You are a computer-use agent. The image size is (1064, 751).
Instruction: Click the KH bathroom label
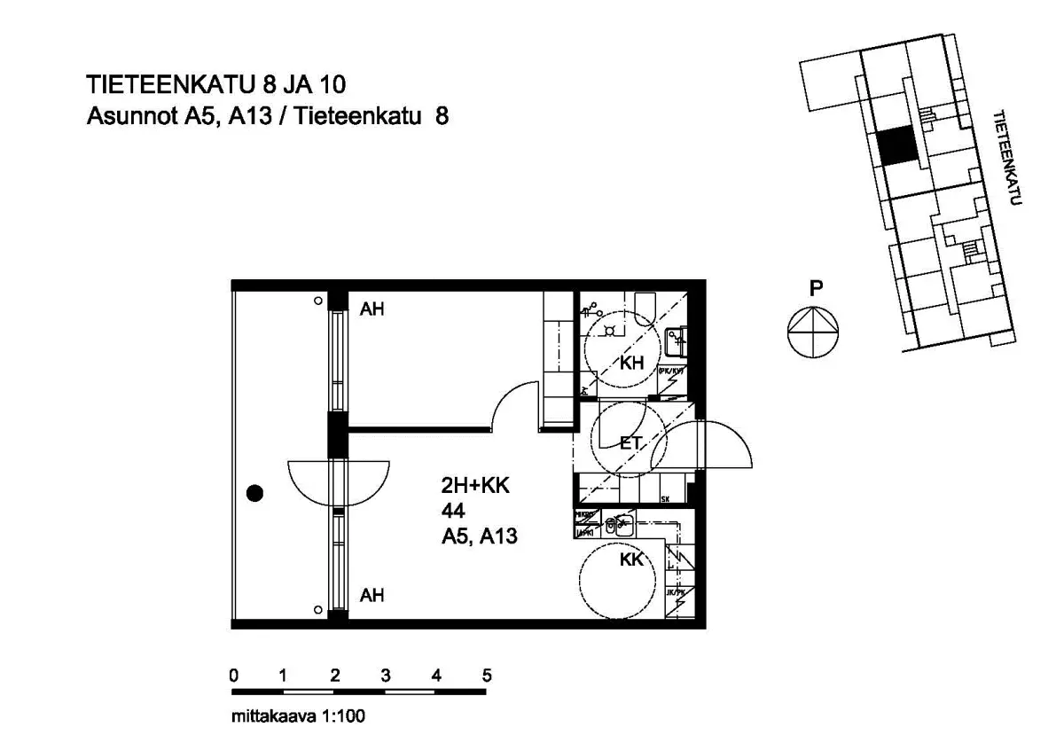tap(632, 363)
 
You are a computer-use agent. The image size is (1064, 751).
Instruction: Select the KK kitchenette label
tap(631, 559)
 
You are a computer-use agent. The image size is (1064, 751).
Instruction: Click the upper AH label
tap(372, 310)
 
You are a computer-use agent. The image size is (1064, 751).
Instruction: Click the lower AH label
tap(372, 596)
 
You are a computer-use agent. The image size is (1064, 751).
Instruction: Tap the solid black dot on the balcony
tap(255, 494)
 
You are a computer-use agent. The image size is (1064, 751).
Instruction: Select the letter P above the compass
tap(816, 288)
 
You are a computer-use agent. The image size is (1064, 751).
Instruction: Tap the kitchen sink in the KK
tap(621, 525)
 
